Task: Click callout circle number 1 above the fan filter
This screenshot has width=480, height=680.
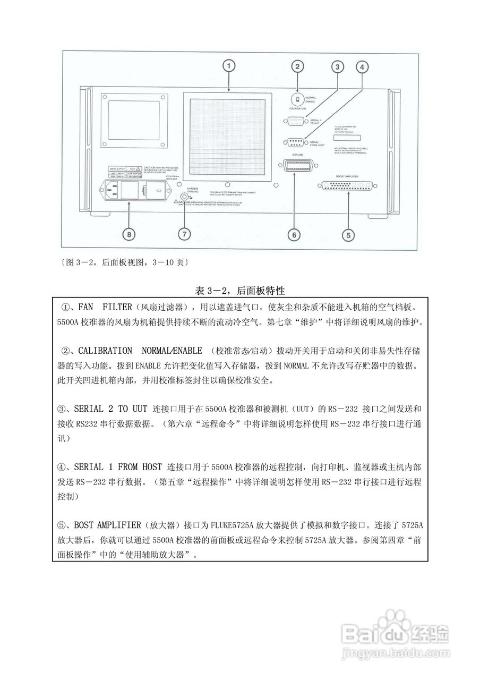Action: [228, 66]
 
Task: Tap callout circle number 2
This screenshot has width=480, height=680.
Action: [298, 66]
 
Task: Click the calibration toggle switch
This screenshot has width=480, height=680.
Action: [297, 99]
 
